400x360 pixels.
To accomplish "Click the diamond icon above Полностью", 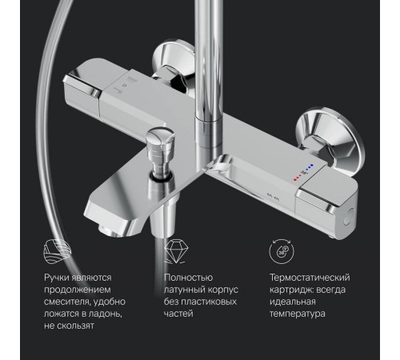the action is click(x=176, y=251).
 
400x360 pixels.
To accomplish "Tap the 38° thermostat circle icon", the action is click(x=282, y=251).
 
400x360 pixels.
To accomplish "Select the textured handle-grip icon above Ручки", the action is click(x=58, y=251).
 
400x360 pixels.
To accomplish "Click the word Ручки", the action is click(x=57, y=278).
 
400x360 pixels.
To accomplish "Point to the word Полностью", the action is click(x=188, y=278).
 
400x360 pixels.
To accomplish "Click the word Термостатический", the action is click(x=310, y=278).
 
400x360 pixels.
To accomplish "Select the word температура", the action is click(x=298, y=314).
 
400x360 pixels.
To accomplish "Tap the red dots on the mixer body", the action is click(x=297, y=178).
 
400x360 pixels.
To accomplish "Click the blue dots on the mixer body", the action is click(x=309, y=167).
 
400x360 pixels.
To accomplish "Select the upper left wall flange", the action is click(x=174, y=62).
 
